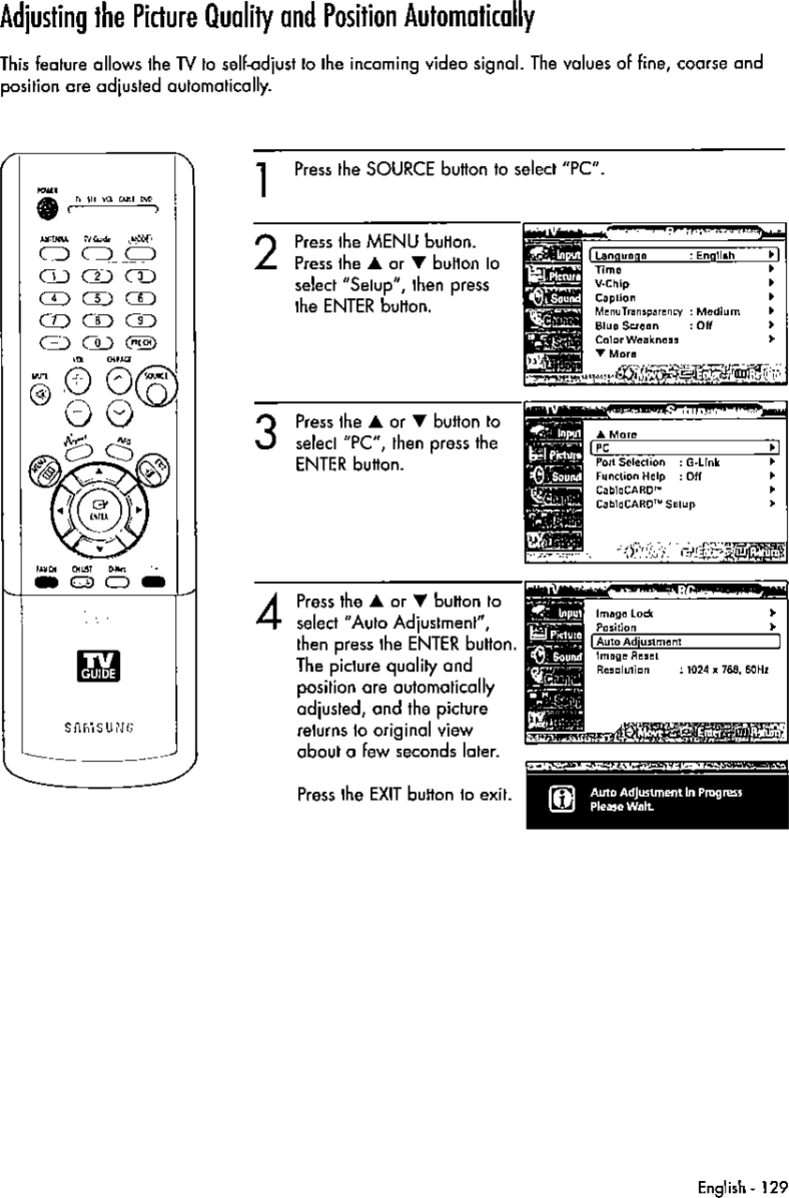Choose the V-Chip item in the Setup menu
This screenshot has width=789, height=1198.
(x=612, y=283)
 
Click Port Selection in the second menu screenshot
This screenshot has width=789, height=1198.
(x=630, y=462)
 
